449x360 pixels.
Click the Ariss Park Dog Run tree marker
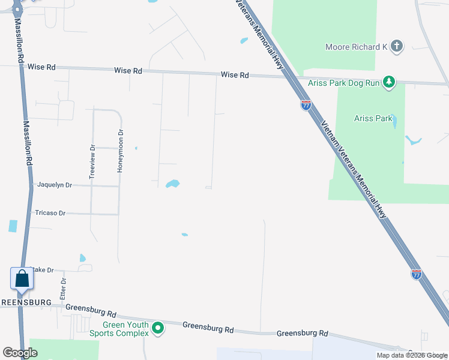point(390,82)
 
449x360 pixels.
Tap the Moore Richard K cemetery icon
point(397,46)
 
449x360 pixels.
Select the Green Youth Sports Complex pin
point(158,328)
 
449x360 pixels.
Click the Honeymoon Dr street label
point(120,151)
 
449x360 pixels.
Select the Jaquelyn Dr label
point(55,185)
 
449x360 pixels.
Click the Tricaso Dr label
point(50,213)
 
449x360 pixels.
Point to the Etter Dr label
point(63,290)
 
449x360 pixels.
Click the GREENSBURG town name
point(25,302)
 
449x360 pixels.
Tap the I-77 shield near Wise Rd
point(306,106)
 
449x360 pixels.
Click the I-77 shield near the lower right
point(416,274)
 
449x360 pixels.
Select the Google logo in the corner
point(20,353)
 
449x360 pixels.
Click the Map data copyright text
point(412,355)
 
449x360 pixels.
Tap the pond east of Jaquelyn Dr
point(173,184)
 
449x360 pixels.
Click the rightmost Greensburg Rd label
point(302,333)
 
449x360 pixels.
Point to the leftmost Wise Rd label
point(41,67)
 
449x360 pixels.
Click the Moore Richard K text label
point(357,47)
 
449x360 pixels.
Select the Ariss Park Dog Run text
point(343,83)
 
